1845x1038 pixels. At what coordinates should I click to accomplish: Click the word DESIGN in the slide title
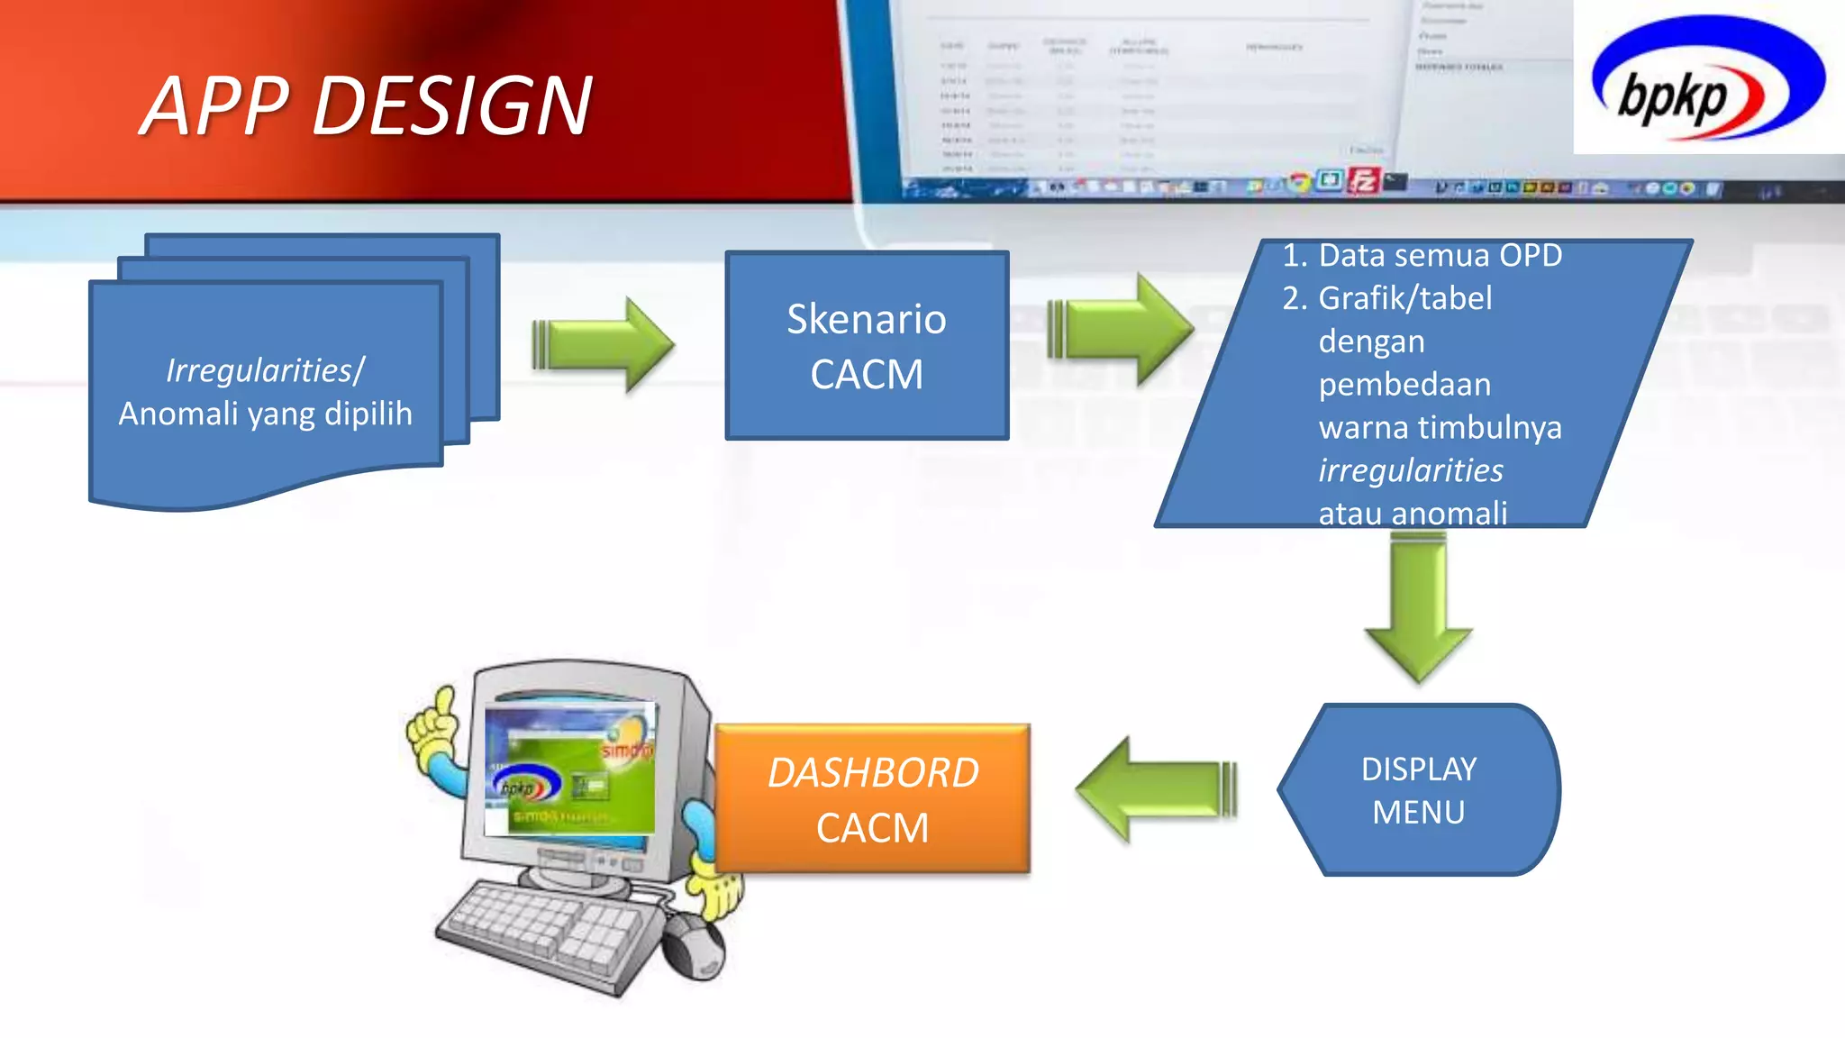(x=452, y=106)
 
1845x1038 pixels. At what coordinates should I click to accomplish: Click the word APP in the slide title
(x=216, y=106)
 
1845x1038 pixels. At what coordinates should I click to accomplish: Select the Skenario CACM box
(x=867, y=346)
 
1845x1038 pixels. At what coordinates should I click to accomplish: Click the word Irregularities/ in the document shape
(x=265, y=370)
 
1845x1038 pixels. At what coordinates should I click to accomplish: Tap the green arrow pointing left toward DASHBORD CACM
(x=1157, y=789)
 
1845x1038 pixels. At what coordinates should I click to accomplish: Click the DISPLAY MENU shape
(x=1418, y=790)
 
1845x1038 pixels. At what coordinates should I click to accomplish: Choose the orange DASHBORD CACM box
(x=872, y=799)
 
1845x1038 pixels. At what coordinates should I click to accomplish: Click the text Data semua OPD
(x=1440, y=256)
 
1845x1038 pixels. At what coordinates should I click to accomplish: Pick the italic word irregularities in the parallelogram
(x=1411, y=470)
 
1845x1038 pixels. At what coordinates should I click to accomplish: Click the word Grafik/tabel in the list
(x=1404, y=298)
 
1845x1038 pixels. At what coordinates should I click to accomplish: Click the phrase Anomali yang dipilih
(x=265, y=414)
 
